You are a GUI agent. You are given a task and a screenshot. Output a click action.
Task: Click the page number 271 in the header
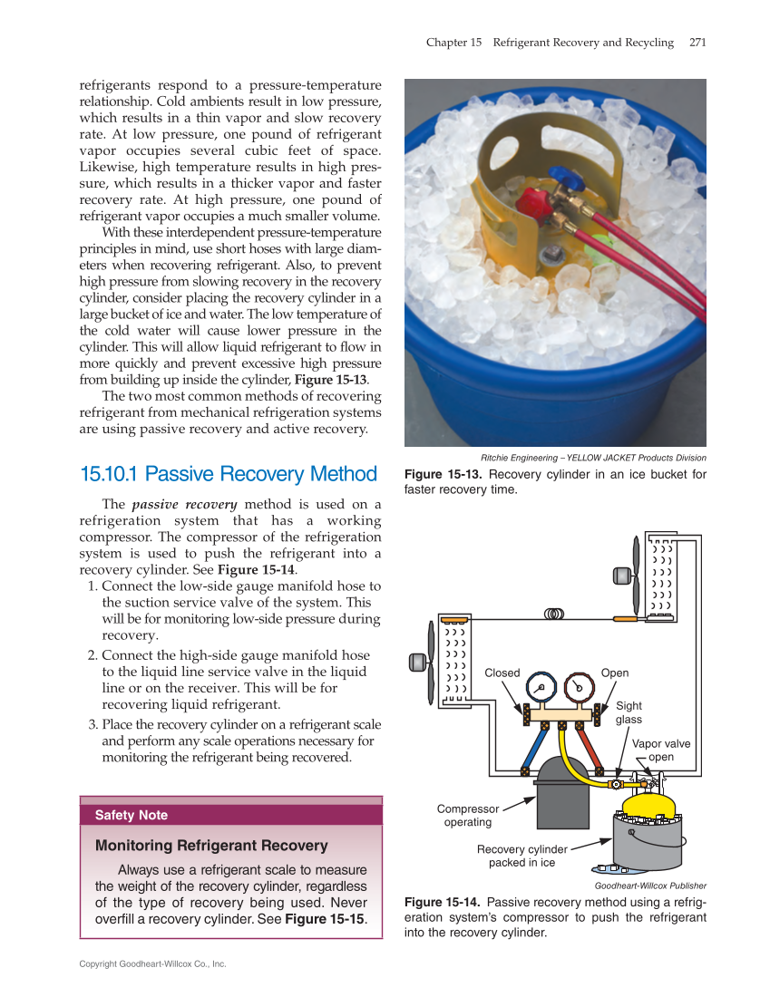click(697, 43)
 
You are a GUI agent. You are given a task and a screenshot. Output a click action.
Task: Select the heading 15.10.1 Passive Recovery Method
click(229, 474)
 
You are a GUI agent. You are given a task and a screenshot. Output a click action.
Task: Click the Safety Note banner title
click(132, 815)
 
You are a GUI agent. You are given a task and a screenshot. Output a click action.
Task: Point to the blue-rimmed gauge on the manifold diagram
click(541, 688)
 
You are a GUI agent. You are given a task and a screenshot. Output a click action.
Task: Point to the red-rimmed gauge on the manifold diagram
click(578, 688)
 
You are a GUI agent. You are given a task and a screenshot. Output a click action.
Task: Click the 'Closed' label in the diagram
click(502, 673)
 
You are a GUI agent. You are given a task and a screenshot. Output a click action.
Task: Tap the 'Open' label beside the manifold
click(614, 673)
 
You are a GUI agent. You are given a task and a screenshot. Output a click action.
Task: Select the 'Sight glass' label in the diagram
click(629, 712)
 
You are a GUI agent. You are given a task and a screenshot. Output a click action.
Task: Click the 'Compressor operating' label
click(468, 816)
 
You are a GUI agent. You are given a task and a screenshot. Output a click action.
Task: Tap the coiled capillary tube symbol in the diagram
click(554, 614)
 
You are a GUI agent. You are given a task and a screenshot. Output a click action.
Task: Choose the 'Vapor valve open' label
click(661, 750)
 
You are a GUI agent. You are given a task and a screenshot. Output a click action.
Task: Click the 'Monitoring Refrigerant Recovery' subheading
click(211, 846)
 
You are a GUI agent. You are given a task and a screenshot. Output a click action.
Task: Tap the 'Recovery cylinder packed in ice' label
click(521, 856)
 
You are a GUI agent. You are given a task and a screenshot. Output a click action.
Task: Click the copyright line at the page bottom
click(152, 963)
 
